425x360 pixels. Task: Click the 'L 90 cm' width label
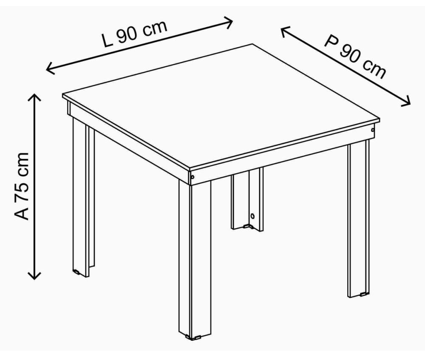(x=134, y=33)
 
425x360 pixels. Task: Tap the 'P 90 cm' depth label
(x=355, y=57)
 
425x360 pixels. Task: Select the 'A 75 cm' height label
(x=21, y=186)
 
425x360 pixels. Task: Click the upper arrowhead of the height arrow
(x=34, y=96)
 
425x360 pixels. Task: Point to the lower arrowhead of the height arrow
(x=34, y=276)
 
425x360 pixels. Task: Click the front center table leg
(x=195, y=259)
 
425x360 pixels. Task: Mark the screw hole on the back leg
(x=252, y=216)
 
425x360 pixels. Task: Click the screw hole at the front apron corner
(x=193, y=177)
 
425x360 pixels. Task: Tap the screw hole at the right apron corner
(x=373, y=130)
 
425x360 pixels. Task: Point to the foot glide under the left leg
(x=76, y=271)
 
